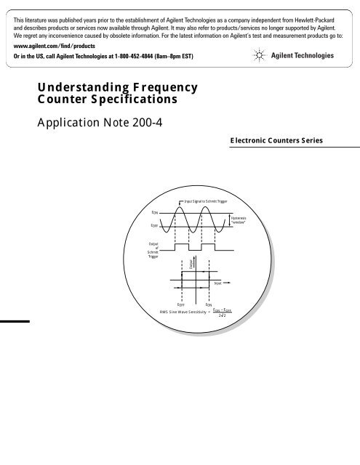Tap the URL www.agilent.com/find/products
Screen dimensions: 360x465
(x=49, y=43)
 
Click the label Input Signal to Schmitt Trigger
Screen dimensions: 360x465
(x=203, y=199)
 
